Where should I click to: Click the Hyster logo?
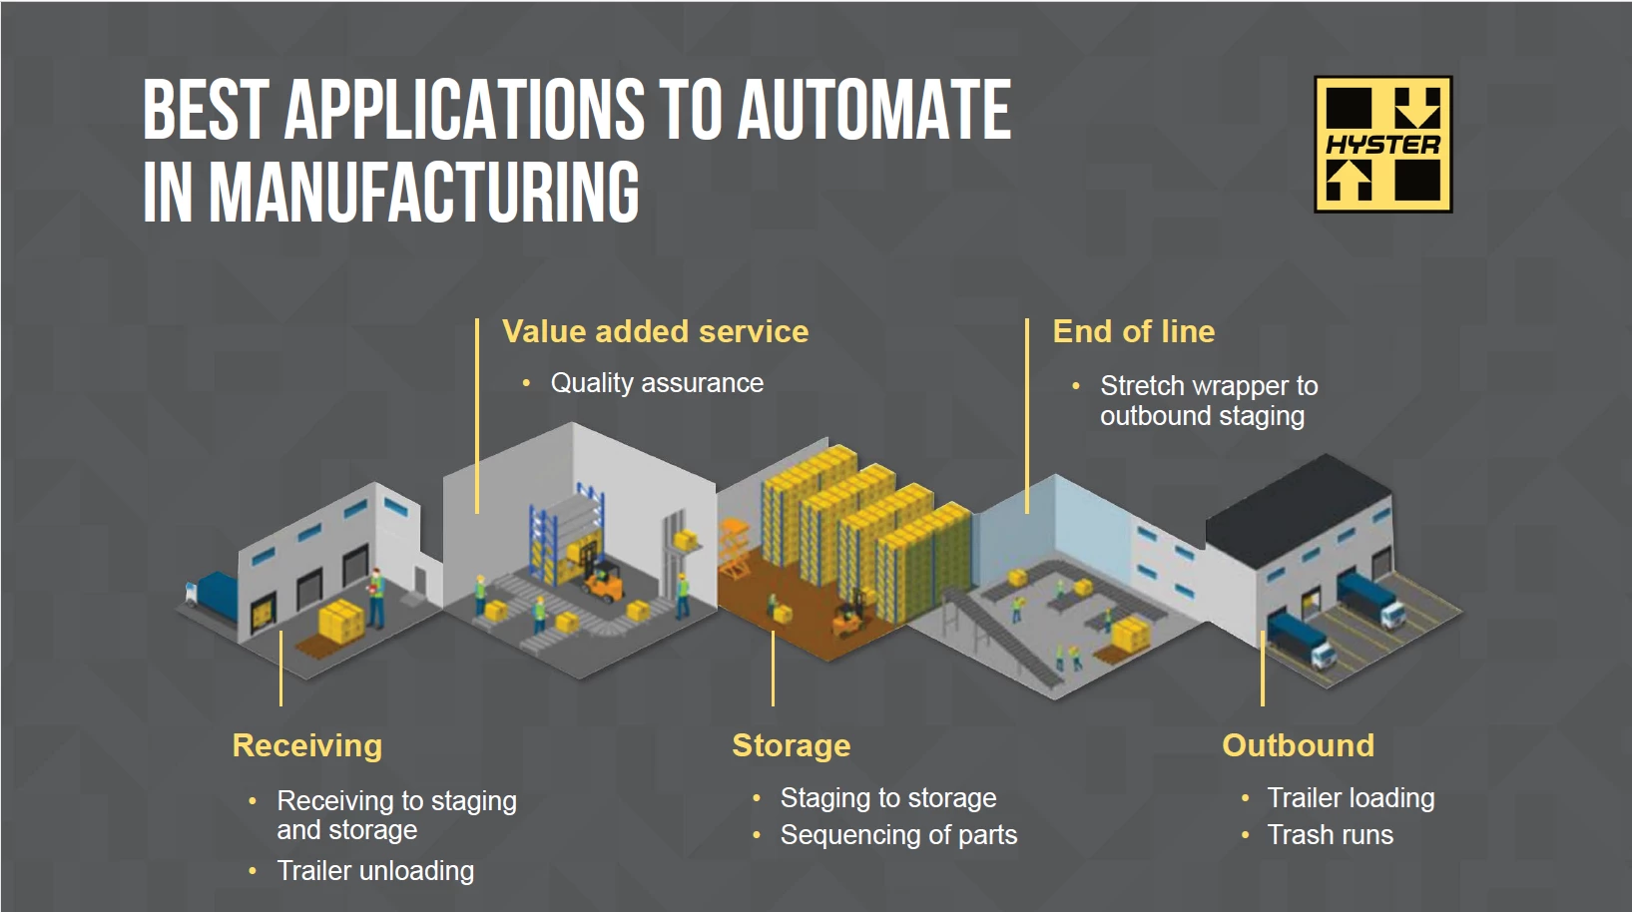tap(1382, 145)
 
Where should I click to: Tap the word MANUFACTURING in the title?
tap(424, 192)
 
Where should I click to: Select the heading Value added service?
tap(655, 331)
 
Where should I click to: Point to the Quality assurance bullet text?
tap(657, 383)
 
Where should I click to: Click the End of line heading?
tap(1134, 331)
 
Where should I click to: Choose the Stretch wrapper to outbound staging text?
tap(1208, 400)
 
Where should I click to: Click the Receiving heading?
tap(307, 745)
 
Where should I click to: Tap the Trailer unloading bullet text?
tap(375, 871)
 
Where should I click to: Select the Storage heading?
tap(792, 745)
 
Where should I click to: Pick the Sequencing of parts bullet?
tap(898, 835)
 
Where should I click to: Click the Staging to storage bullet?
tap(888, 798)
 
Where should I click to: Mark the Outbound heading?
tap(1298, 745)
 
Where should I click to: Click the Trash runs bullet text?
tap(1330, 835)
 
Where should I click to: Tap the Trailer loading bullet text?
tap(1351, 798)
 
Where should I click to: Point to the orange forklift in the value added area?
tap(604, 583)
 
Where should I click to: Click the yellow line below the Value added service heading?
tap(477, 419)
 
